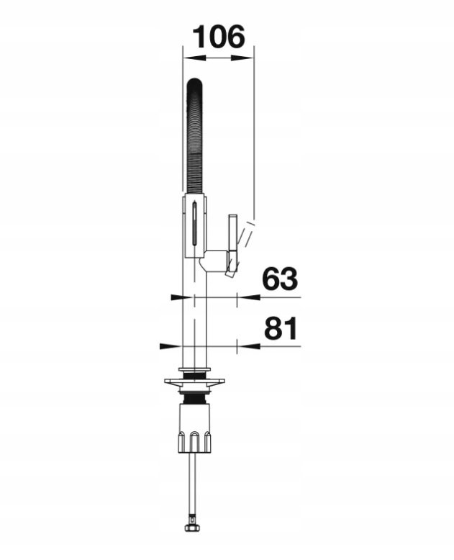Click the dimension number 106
click(219, 36)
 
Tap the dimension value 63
click(279, 279)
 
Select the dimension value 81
click(281, 328)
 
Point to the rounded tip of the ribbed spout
click(195, 81)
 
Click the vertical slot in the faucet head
click(194, 225)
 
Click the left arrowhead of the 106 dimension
click(194, 58)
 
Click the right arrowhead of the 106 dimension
click(242, 58)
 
